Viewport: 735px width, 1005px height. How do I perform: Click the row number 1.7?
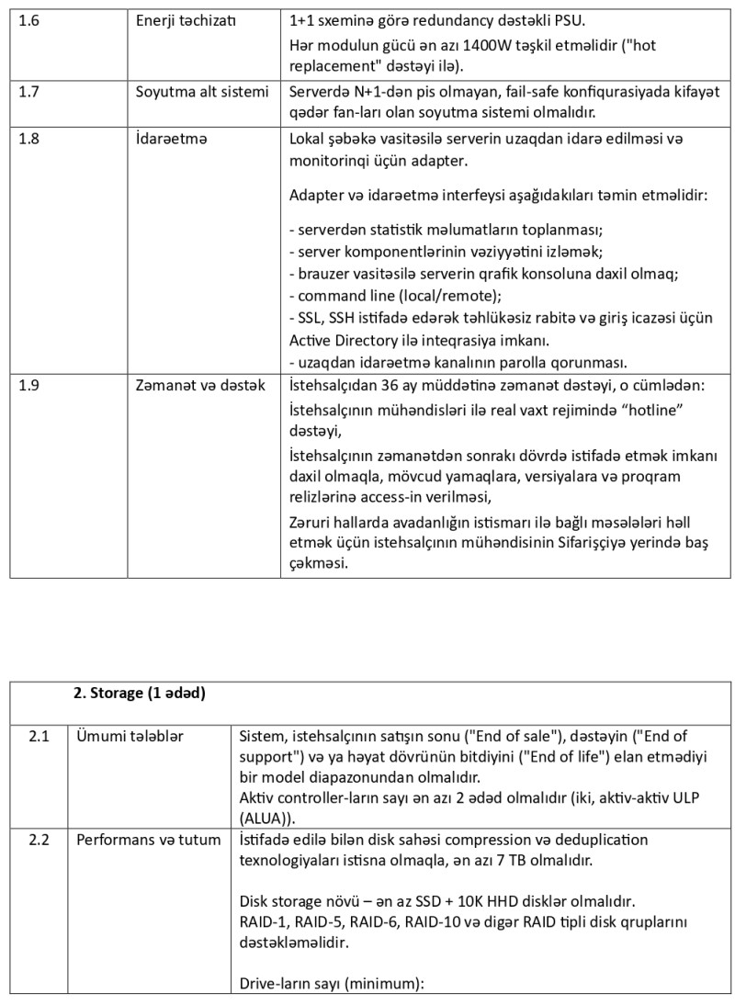tap(28, 91)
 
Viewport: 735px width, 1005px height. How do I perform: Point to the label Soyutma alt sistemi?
tap(202, 91)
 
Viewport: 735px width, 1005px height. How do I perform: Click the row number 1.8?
tap(28, 139)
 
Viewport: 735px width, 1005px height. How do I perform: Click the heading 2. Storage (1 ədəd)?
tap(139, 694)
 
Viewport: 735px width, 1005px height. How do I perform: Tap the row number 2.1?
tap(39, 736)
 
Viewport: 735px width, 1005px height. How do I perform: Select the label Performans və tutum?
tap(148, 840)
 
